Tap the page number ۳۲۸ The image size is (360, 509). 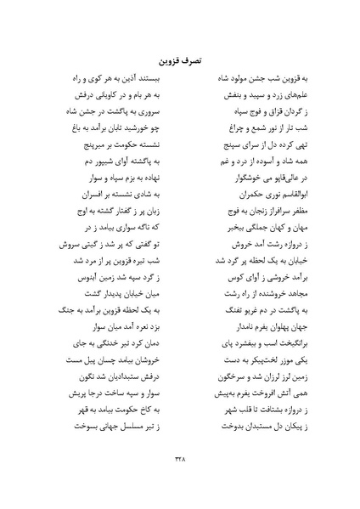[x=180, y=459]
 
